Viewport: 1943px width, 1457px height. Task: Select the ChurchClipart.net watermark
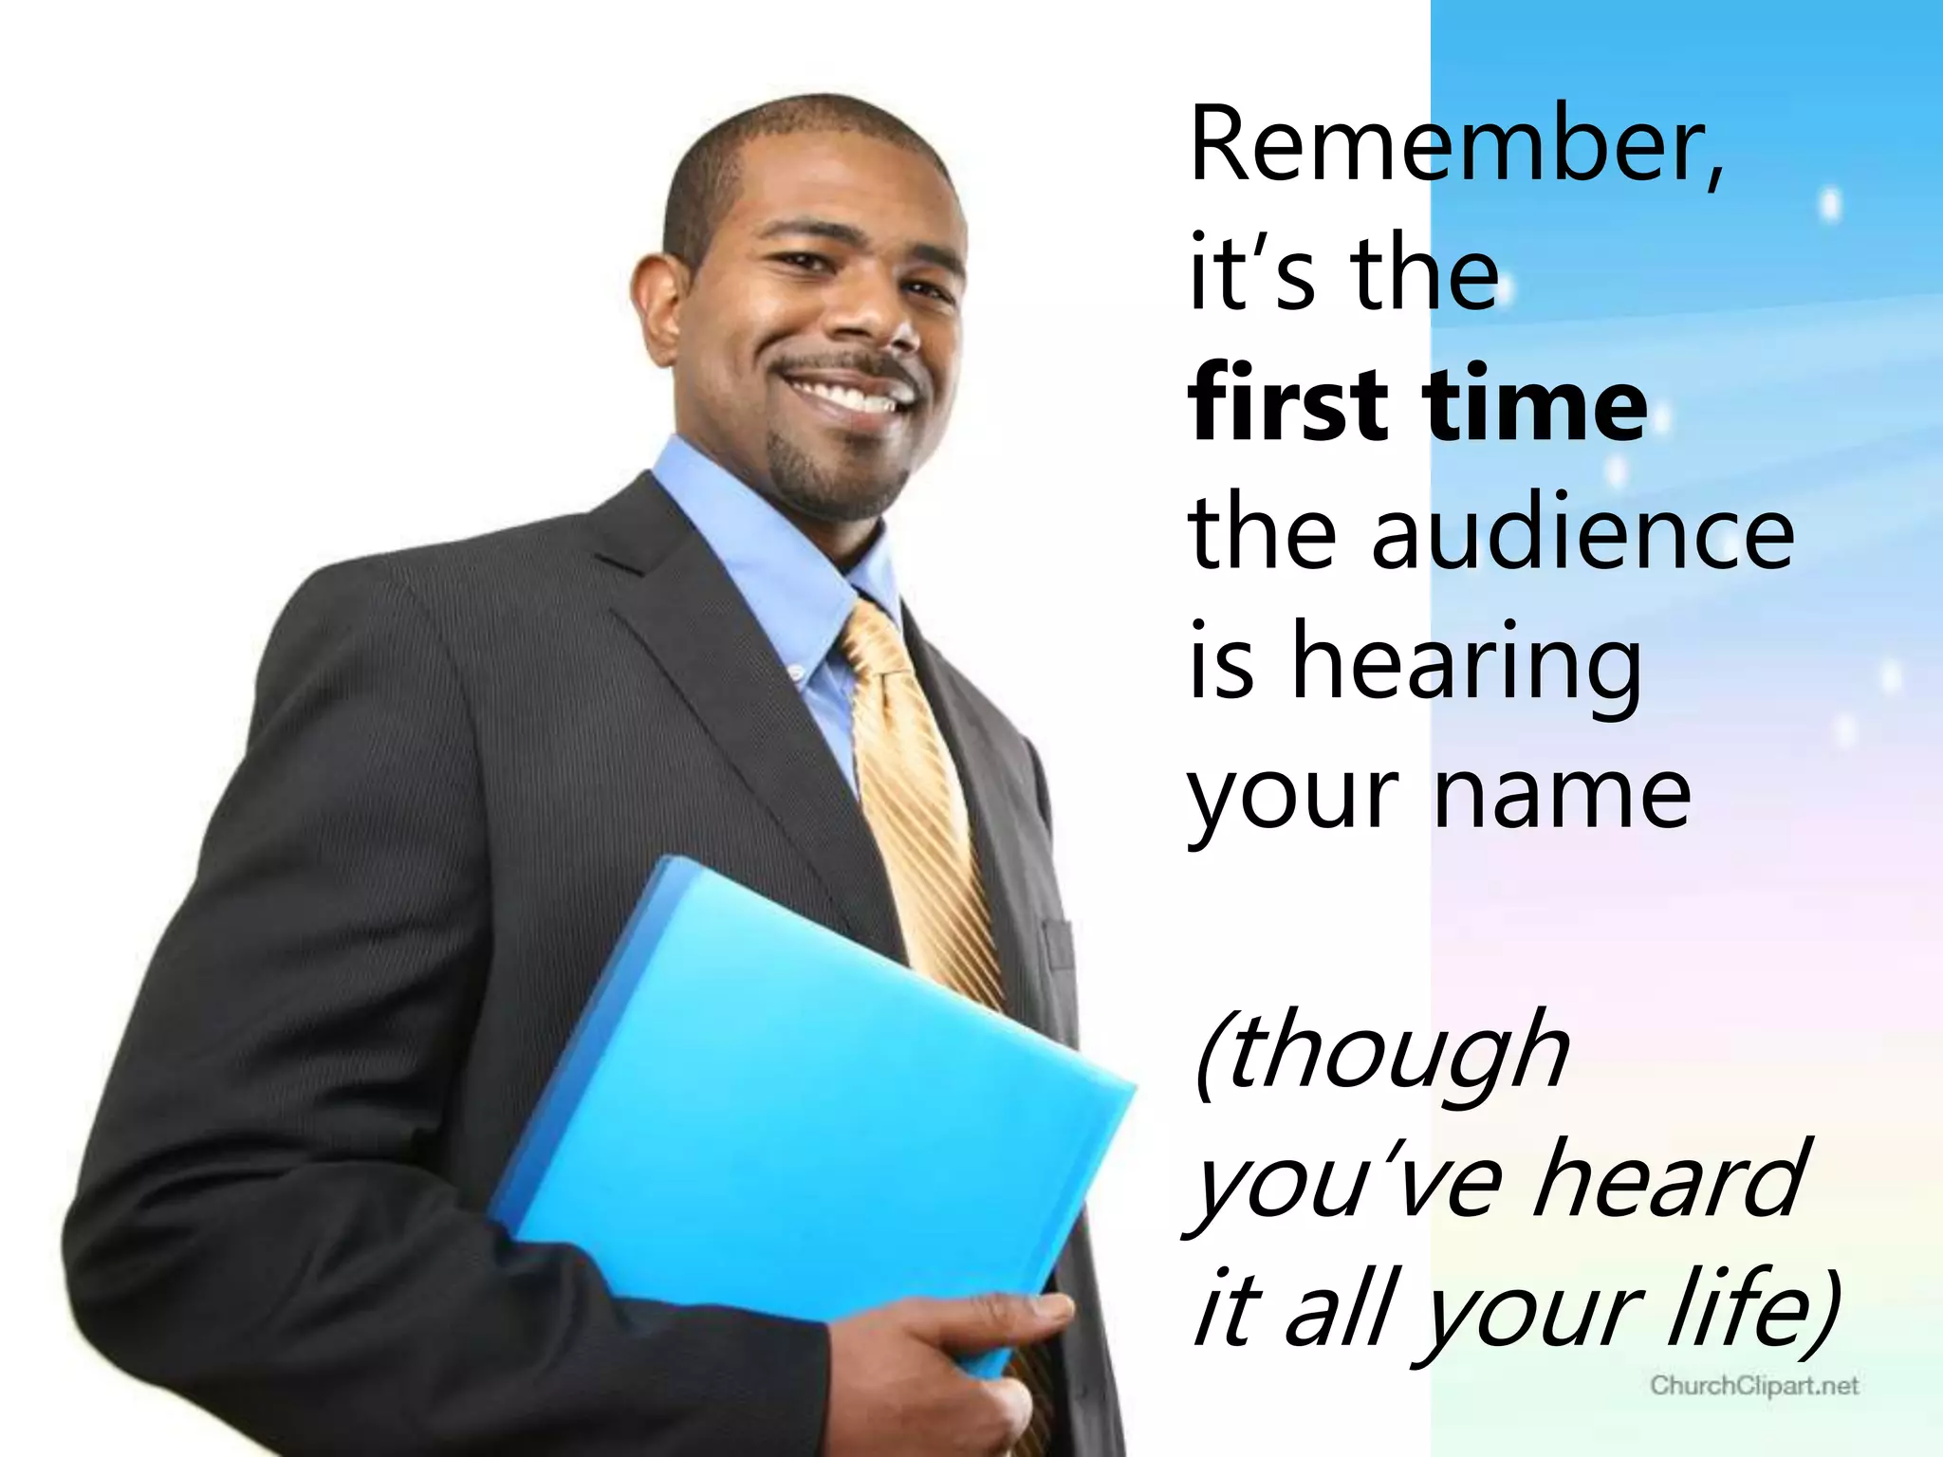pos(1754,1386)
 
